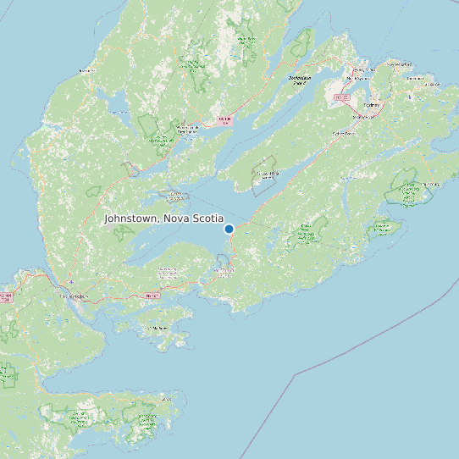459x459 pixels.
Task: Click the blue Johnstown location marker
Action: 229,229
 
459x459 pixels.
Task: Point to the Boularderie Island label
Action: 298,80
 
